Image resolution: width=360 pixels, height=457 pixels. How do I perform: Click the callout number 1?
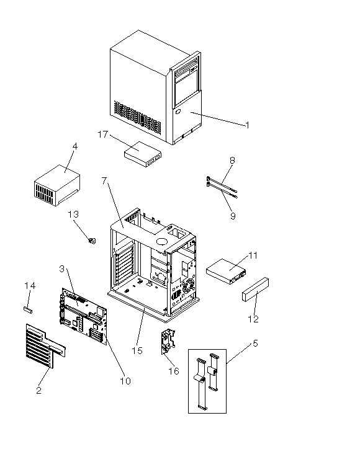(x=248, y=125)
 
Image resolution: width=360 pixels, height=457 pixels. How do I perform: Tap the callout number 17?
(x=102, y=135)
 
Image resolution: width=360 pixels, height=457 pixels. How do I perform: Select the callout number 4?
(x=75, y=146)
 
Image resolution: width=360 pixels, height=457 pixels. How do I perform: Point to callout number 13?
(x=73, y=215)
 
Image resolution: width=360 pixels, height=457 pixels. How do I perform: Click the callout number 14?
(x=30, y=286)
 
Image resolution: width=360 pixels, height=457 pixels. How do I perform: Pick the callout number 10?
(x=125, y=381)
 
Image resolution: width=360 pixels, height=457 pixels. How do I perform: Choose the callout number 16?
(x=174, y=371)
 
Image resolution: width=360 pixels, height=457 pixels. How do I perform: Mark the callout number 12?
(x=253, y=319)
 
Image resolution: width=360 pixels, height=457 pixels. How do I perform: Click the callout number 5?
(x=255, y=344)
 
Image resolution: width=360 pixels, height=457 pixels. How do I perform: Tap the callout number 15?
(x=137, y=350)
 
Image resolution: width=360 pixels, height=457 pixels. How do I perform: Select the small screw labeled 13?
(x=92, y=241)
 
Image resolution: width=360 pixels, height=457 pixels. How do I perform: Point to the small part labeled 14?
(x=28, y=309)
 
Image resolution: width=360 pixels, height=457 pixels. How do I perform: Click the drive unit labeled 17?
(x=143, y=154)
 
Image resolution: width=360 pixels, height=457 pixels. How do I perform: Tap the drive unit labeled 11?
(x=226, y=272)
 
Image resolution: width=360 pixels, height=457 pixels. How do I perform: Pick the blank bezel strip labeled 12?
(x=256, y=290)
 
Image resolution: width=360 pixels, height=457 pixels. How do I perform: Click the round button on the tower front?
(x=179, y=112)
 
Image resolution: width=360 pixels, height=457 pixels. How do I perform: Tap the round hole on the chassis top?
(x=161, y=241)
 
